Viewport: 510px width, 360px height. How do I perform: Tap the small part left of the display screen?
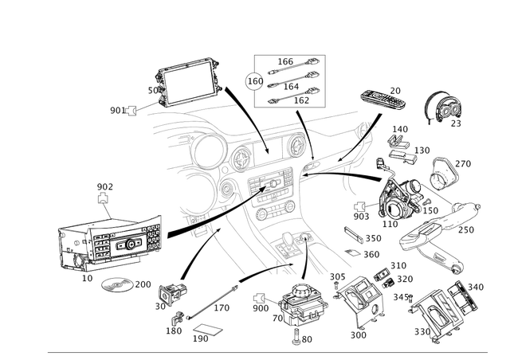coord(131,110)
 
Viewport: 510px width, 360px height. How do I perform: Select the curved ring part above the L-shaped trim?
coord(449,170)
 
